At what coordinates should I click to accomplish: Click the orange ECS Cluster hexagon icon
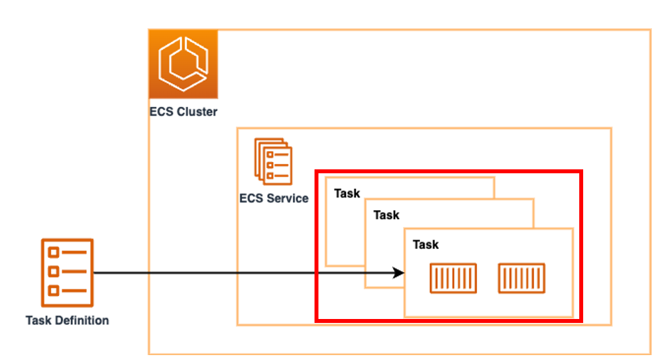(183, 64)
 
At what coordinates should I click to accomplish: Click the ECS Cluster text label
(183, 112)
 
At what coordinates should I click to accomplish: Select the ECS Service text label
(274, 198)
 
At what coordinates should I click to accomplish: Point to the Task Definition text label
(67, 320)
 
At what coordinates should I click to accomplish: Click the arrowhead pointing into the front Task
(398, 272)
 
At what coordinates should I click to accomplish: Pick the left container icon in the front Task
(453, 278)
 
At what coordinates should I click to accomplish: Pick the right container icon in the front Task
(522, 278)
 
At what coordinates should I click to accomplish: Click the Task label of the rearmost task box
(347, 193)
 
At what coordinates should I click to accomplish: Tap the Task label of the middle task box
(386, 215)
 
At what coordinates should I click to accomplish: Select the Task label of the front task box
(425, 244)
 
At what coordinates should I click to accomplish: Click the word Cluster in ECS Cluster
(195, 112)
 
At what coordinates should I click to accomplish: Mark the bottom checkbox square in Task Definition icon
(54, 291)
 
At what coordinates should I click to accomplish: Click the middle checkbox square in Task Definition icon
(54, 272)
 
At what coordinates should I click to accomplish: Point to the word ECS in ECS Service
(251, 198)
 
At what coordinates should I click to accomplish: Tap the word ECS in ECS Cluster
(161, 112)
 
